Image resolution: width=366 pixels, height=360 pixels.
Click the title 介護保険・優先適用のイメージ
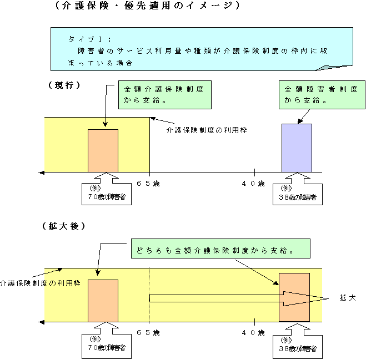coord(147,6)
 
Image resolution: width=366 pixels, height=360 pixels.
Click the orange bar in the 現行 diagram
coord(103,151)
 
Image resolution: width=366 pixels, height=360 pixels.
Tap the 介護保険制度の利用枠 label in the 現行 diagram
coord(208,130)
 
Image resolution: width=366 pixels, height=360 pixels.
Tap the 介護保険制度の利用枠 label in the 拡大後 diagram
coord(40,283)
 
